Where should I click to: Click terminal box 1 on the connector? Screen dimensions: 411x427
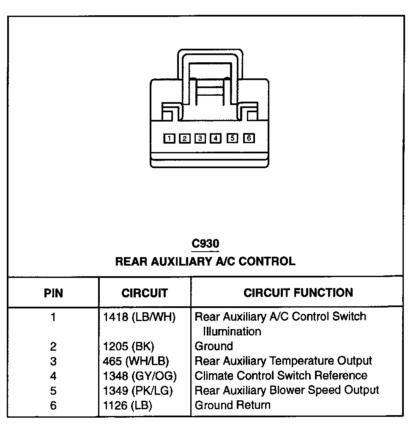[169, 138]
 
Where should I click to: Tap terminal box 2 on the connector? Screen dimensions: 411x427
[184, 138]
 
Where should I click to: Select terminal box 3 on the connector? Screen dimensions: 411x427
[200, 138]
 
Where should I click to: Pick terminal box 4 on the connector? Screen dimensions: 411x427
[216, 138]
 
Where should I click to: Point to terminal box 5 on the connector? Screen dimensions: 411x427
[233, 138]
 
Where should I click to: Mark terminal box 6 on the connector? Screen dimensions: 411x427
[249, 138]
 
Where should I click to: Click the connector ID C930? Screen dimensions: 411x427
[205, 244]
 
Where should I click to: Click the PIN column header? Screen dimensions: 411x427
[53, 293]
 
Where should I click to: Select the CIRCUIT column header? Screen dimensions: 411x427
[145, 293]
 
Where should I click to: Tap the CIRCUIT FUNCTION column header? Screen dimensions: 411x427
[298, 292]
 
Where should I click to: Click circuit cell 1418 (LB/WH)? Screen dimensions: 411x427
[140, 317]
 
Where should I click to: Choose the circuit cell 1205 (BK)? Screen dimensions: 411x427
[129, 347]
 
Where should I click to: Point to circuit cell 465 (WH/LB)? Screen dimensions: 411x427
[136, 361]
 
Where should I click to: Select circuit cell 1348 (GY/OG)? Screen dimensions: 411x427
[140, 376]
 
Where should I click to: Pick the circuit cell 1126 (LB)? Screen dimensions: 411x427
[128, 405]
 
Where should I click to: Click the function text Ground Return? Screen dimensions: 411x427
[232, 405]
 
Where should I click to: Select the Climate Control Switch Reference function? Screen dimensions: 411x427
[281, 376]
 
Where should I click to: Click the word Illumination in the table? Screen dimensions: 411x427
[232, 331]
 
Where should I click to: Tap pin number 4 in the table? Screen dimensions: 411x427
[53, 376]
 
